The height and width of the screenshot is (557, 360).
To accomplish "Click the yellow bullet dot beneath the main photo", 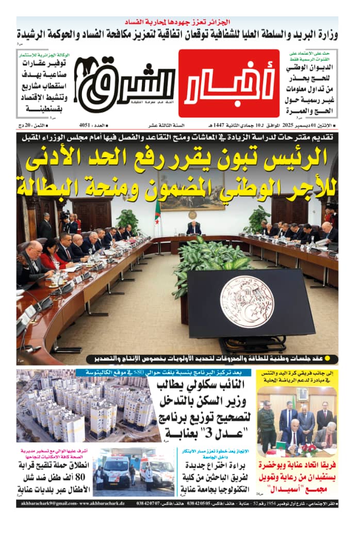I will click(x=334, y=358).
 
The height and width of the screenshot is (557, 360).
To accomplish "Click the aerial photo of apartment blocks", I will click(x=85, y=405).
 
